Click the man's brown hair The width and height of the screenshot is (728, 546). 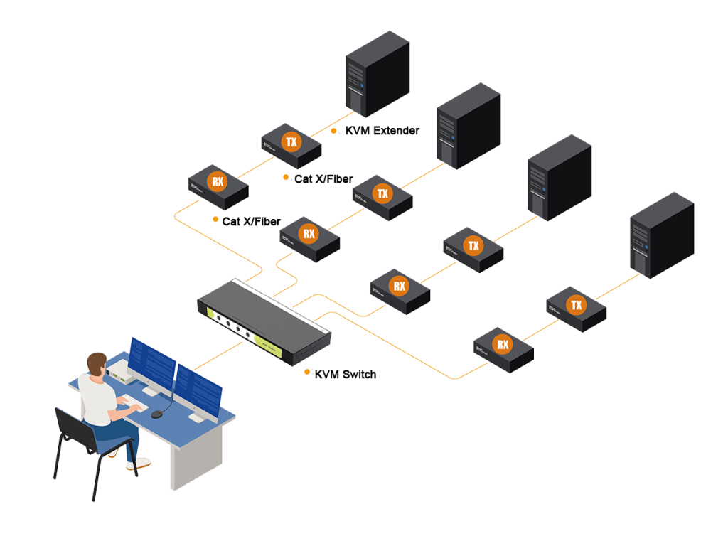(x=96, y=360)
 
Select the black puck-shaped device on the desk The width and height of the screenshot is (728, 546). (x=156, y=414)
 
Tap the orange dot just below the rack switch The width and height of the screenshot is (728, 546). (x=307, y=371)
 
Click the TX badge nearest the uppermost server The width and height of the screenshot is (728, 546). (x=291, y=141)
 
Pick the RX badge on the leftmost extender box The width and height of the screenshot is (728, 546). (x=218, y=182)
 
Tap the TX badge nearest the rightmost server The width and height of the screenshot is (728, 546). (x=576, y=306)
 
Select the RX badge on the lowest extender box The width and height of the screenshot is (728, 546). (x=503, y=346)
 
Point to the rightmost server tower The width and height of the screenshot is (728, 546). (x=661, y=235)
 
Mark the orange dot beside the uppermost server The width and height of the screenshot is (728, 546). (x=333, y=131)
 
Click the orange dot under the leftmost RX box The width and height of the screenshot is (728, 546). (x=215, y=219)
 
